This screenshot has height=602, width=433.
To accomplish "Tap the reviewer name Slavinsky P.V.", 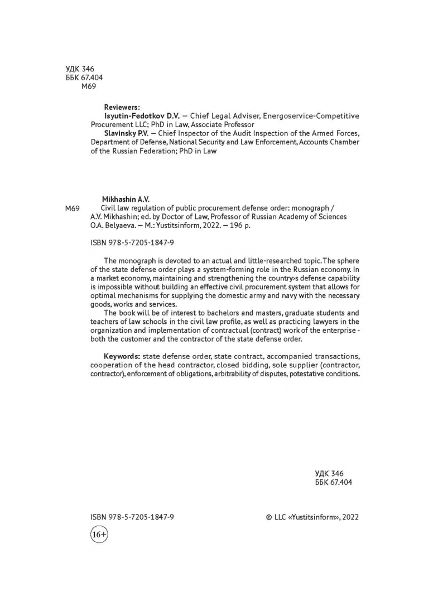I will pos(129,133).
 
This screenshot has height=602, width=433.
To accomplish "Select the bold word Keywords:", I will pos(122,356).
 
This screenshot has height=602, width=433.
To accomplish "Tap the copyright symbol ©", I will pos(270,517).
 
